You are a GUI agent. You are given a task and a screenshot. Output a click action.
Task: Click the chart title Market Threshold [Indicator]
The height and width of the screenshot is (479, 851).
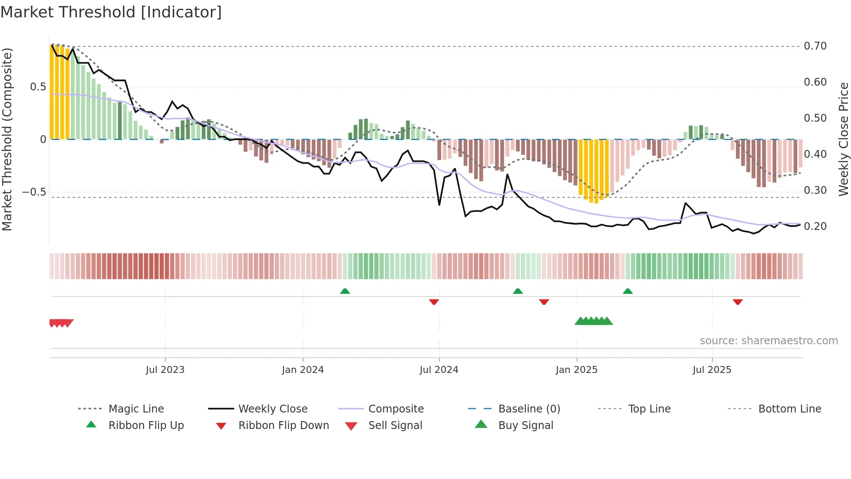pyautogui.click(x=111, y=12)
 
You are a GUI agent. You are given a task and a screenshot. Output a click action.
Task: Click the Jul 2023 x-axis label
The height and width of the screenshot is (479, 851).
pyautogui.click(x=165, y=370)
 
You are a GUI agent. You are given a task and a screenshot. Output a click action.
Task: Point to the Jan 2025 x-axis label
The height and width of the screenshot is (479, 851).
pyautogui.click(x=577, y=370)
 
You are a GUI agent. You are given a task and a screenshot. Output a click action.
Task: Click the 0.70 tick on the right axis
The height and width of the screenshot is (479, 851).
pyautogui.click(x=815, y=46)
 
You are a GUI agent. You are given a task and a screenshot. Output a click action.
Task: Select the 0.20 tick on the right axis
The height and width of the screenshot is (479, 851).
pyautogui.click(x=815, y=226)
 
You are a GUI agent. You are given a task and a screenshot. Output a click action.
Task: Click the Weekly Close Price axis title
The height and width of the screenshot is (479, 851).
pyautogui.click(x=843, y=139)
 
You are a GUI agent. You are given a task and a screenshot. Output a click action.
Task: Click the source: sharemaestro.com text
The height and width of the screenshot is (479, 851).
pyautogui.click(x=769, y=341)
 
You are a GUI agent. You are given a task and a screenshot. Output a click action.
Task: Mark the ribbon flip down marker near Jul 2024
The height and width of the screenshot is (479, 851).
pyautogui.click(x=434, y=302)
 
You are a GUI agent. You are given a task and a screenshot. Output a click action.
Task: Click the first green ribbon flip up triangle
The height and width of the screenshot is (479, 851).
pyautogui.click(x=345, y=291)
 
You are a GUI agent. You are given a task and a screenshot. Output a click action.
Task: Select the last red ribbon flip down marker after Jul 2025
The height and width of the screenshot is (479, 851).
pyautogui.click(x=737, y=302)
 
